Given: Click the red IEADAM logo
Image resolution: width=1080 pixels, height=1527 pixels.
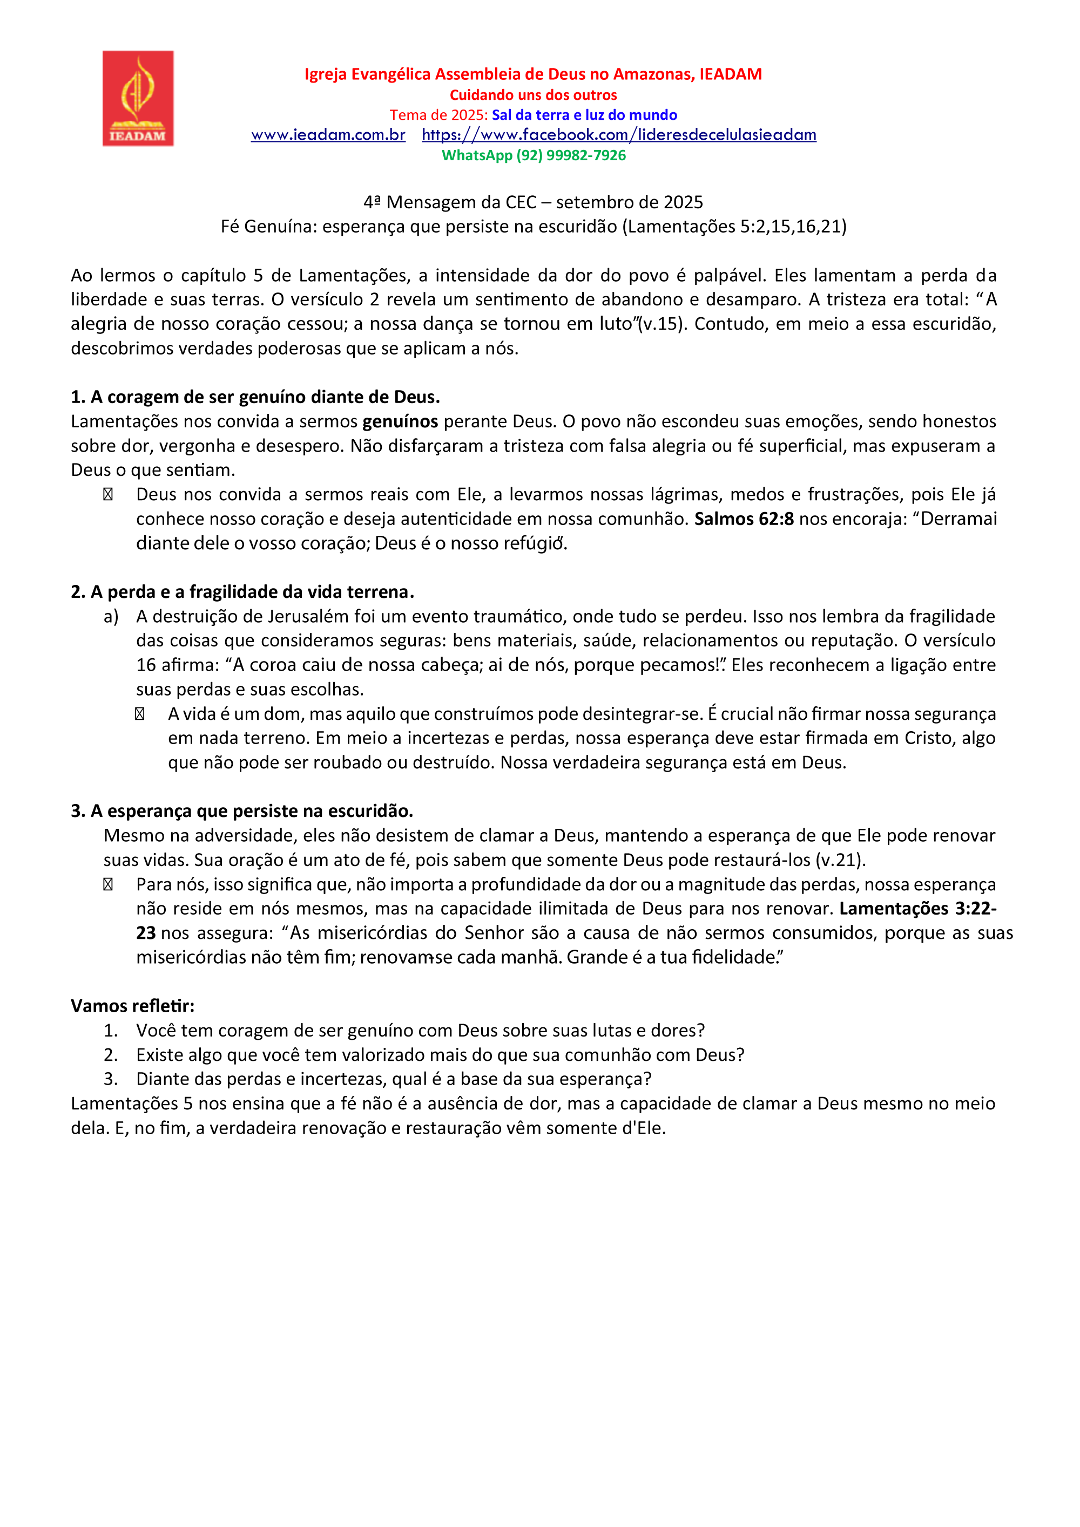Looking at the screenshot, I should point(138,98).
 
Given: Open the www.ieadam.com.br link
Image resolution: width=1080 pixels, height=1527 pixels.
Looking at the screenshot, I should point(328,135).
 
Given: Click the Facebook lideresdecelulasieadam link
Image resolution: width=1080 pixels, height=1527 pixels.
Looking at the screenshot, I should point(619,135).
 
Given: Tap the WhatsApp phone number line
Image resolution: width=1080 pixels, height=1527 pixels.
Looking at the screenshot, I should point(534,155).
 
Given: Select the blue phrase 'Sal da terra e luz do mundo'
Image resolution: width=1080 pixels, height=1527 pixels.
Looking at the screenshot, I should point(584,115).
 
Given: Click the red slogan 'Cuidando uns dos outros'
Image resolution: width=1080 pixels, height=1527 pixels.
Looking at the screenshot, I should point(534,95).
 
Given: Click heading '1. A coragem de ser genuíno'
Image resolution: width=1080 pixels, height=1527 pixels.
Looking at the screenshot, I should point(255,397).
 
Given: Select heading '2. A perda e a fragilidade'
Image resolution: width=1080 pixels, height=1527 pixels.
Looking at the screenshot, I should point(242,592).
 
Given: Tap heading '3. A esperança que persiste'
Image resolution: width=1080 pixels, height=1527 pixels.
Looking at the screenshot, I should point(242,811).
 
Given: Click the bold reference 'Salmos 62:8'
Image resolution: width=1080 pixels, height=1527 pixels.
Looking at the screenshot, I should point(744,519).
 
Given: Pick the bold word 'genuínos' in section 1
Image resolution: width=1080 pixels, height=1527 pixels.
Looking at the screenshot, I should point(400,421).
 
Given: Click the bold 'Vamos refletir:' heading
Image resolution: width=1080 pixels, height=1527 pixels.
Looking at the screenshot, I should point(132,1006).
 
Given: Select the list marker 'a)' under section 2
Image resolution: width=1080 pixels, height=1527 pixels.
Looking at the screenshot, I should point(111,617).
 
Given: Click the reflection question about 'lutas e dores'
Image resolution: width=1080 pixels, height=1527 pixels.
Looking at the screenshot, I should point(420,1030).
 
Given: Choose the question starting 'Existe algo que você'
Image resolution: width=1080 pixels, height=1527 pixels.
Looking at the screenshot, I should point(440,1055).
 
